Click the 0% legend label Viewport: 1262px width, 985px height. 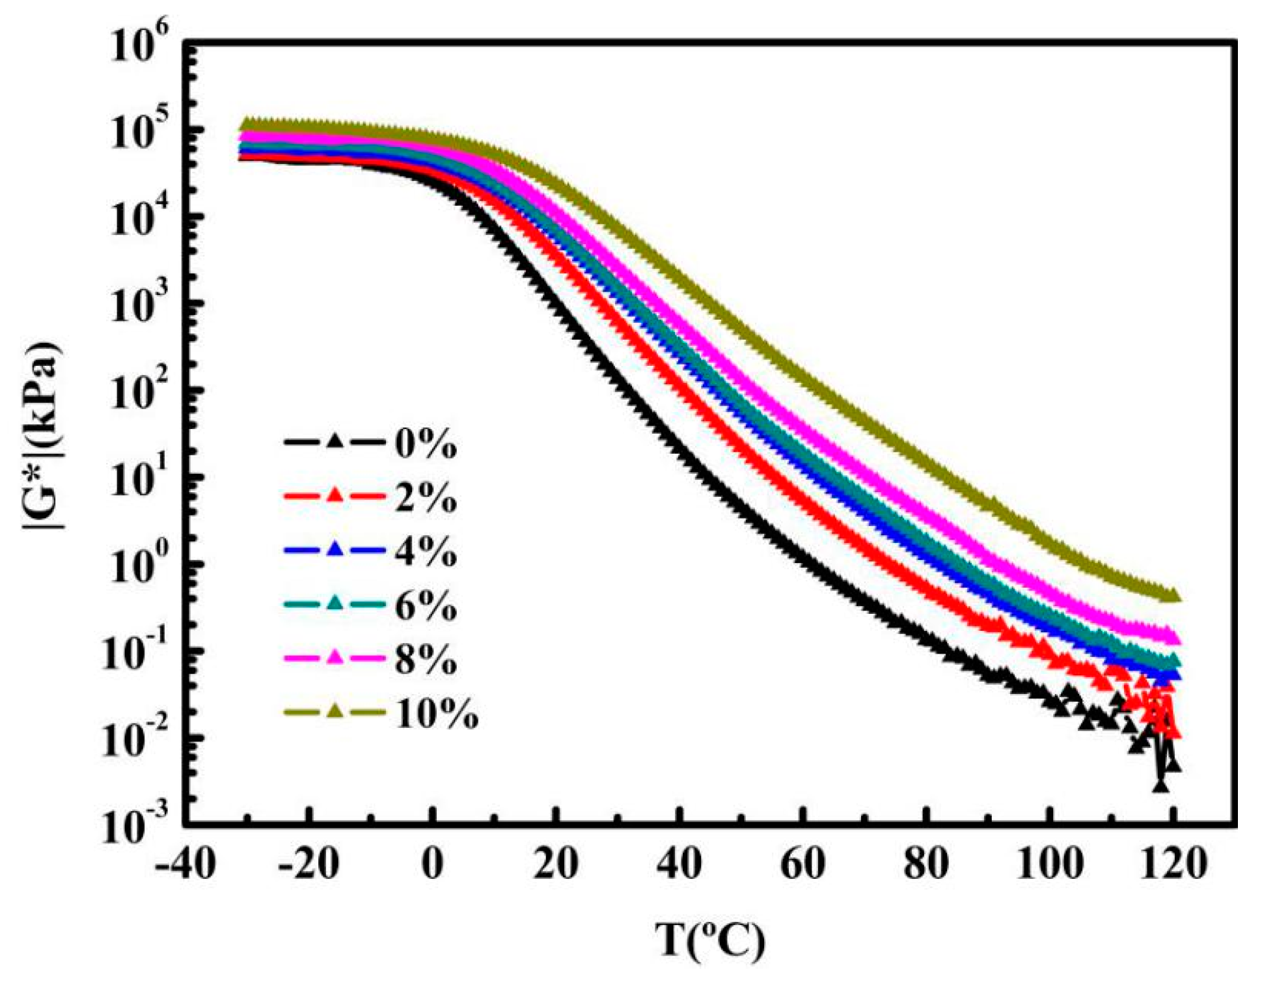(425, 445)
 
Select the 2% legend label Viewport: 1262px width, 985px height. (425, 499)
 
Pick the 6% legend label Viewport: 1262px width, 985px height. (425, 607)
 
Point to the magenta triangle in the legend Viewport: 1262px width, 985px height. (335, 657)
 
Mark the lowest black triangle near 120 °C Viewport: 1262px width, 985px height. (1160, 786)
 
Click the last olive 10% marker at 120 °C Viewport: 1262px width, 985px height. (1173, 594)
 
